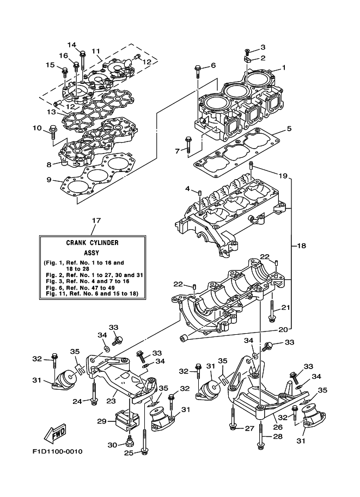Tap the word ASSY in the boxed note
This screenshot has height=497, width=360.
click(x=91, y=253)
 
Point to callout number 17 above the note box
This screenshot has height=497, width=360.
click(x=96, y=220)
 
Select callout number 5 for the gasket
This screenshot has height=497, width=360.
click(x=289, y=129)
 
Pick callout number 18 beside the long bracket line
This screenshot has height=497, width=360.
click(x=301, y=246)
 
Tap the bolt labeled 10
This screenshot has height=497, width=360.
click(x=53, y=130)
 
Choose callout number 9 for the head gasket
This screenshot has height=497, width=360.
click(x=50, y=180)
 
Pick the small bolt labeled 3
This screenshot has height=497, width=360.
click(x=247, y=50)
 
